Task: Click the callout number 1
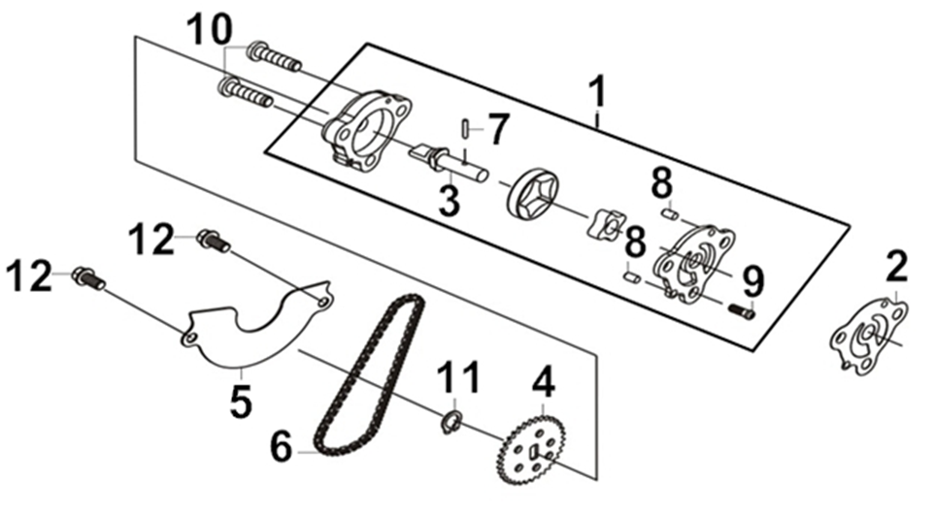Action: pos(597,92)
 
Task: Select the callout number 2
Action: pos(896,266)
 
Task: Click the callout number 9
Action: pos(752,281)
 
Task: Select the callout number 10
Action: pos(209,29)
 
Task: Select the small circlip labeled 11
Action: pos(451,423)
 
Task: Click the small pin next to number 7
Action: pos(465,128)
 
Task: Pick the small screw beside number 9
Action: pos(741,310)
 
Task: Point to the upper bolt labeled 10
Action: pos(275,55)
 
